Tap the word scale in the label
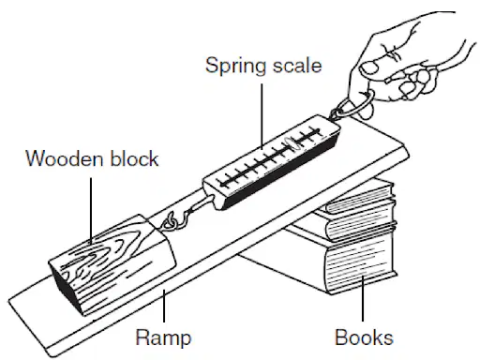297,66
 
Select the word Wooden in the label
65,158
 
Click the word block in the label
135,158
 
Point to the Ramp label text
163,338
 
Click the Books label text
364,337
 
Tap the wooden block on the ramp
112,263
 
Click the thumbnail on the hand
369,67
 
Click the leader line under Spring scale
262,115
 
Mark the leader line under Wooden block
91,211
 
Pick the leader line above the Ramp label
164,306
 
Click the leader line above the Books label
363,298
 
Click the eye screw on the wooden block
168,222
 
